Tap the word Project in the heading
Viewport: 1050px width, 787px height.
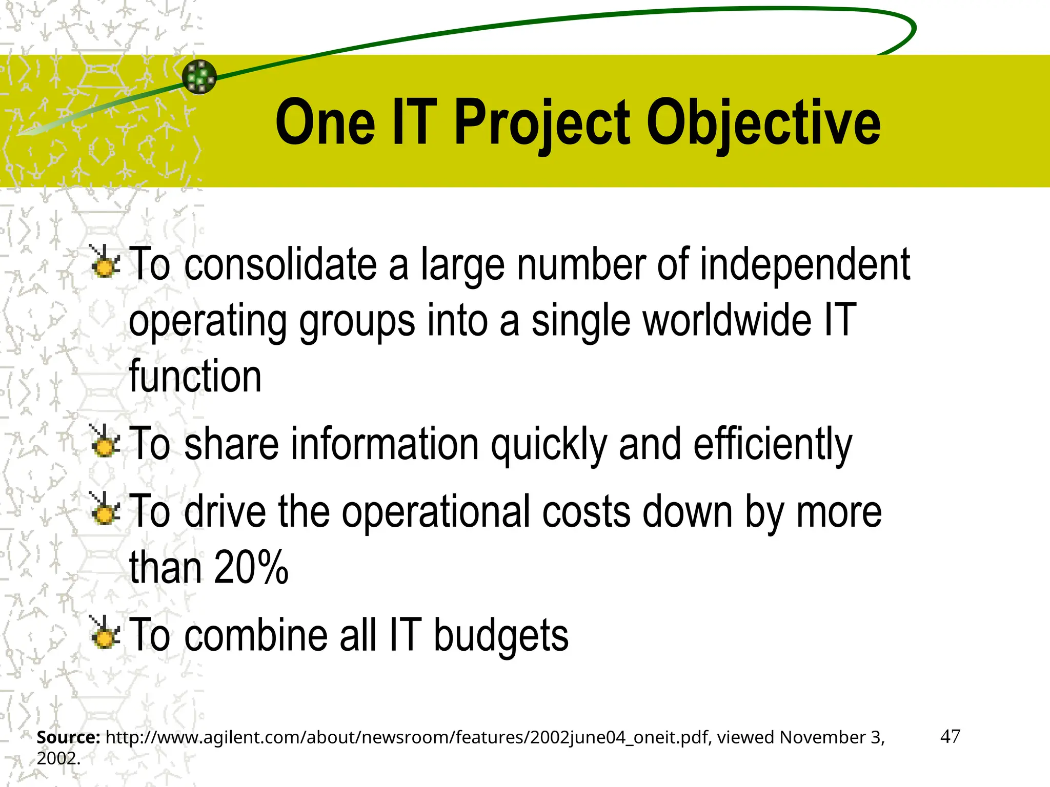(x=541, y=123)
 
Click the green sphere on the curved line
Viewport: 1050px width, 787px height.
(x=199, y=77)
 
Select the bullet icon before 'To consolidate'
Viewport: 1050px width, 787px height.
(x=105, y=262)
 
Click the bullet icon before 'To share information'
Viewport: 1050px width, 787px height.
(x=105, y=442)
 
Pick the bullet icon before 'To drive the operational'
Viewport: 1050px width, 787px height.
(x=105, y=509)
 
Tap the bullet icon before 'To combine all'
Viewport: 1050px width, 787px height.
(x=105, y=633)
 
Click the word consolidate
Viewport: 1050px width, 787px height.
(x=280, y=264)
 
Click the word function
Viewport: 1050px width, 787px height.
(x=195, y=377)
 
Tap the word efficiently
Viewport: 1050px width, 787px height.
(x=773, y=444)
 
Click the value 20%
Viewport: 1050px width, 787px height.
(x=251, y=567)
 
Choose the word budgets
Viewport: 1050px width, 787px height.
(x=501, y=635)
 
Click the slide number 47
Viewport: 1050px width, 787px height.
(x=950, y=736)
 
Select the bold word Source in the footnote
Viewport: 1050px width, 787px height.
(x=68, y=737)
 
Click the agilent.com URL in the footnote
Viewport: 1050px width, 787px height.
(x=407, y=737)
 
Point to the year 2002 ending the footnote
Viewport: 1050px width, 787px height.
(x=57, y=758)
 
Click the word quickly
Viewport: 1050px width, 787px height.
(x=548, y=444)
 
